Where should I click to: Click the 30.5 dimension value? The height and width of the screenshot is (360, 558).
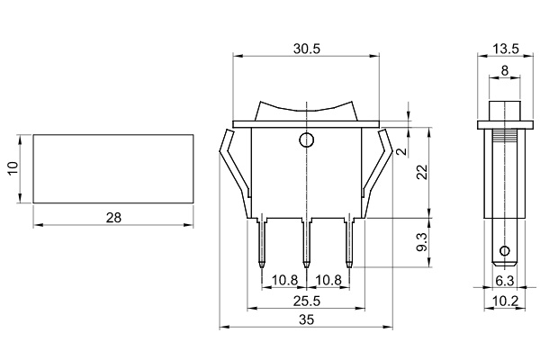click(x=306, y=49)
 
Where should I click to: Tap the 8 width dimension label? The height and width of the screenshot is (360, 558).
click(x=504, y=71)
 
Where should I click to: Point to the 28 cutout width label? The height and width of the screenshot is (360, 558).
click(x=113, y=218)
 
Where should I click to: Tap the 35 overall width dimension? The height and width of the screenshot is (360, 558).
click(x=306, y=319)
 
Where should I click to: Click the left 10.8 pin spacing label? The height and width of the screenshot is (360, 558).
click(x=283, y=280)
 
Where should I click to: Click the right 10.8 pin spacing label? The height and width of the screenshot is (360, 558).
click(x=328, y=280)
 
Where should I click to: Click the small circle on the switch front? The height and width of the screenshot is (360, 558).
click(x=306, y=140)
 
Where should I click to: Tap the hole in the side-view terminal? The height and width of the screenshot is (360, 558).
click(x=505, y=250)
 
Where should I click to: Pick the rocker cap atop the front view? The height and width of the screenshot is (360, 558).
click(x=306, y=109)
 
